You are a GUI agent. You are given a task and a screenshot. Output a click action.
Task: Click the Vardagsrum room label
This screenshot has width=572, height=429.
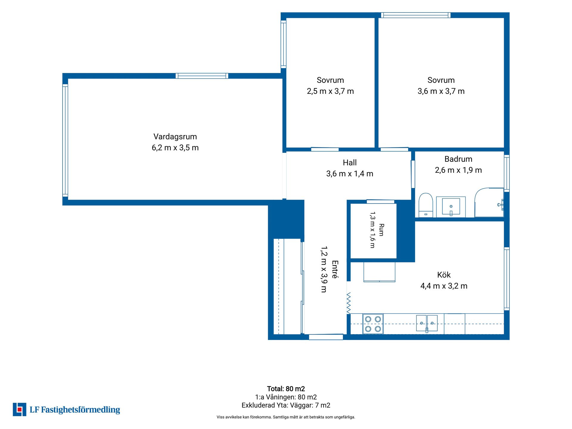175,137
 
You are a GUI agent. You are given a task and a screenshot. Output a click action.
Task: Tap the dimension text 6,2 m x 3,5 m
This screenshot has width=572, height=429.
175,148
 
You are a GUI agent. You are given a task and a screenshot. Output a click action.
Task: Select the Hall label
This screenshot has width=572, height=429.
350,163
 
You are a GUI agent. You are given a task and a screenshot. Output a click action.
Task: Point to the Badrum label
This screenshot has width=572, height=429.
458,159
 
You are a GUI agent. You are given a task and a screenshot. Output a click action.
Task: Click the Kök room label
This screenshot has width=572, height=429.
444,275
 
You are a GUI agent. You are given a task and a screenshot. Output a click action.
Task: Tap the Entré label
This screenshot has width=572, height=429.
335,269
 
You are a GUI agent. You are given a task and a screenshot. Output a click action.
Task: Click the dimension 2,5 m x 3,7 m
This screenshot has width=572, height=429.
330,91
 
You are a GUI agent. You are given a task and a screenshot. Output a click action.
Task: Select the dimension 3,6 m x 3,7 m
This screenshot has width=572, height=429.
441,91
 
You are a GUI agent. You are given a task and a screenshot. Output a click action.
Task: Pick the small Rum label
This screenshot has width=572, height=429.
381,230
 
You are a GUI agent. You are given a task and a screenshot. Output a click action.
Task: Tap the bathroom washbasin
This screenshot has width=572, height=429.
451,206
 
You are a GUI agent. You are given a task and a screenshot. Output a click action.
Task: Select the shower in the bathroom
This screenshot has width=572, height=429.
489,202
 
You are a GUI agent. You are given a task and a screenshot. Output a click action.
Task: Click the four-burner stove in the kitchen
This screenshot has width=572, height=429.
373,324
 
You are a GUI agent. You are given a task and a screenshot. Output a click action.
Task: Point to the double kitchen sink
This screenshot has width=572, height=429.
427,323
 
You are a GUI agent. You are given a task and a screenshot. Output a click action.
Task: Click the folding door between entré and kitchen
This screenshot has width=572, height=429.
349,303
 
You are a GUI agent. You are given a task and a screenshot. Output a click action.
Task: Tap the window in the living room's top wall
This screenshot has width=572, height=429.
202,76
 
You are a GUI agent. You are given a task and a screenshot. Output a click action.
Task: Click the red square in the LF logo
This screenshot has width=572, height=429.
20,410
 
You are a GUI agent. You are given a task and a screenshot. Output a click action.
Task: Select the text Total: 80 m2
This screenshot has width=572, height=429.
286,389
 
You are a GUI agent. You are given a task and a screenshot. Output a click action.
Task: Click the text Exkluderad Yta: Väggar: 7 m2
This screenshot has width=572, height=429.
286,405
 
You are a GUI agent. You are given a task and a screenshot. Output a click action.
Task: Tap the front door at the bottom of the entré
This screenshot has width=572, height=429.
326,337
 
